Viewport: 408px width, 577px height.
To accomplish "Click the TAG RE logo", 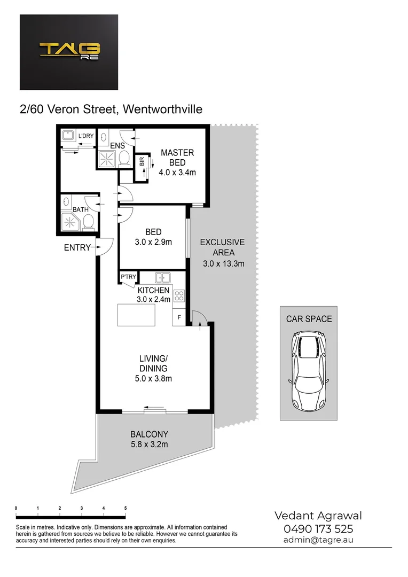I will click(x=69, y=51).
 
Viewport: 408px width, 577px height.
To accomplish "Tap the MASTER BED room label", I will click(x=177, y=157).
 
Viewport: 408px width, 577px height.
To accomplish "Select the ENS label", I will click(x=117, y=146).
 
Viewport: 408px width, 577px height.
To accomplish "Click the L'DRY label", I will click(x=85, y=136).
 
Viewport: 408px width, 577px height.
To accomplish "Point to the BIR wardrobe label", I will click(x=142, y=161).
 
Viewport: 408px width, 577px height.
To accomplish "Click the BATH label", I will click(x=81, y=210).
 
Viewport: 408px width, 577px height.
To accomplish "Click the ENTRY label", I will click(x=77, y=247).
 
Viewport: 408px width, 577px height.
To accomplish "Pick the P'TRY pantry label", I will click(x=128, y=277).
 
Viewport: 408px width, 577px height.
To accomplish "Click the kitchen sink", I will click(x=163, y=277).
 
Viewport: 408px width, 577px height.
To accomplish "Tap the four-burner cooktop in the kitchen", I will click(x=179, y=295).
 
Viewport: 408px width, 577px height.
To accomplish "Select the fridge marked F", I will click(x=179, y=318).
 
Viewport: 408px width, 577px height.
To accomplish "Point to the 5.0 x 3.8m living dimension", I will click(x=153, y=379).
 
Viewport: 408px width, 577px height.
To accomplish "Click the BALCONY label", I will click(x=150, y=434).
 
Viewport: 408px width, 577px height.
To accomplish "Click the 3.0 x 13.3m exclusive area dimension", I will click(x=224, y=263).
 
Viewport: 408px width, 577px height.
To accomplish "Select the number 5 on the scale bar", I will click(x=125, y=508).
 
